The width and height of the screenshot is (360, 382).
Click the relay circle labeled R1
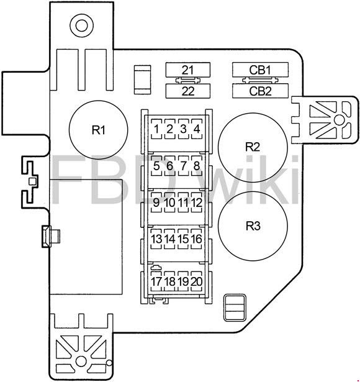pyautogui.click(x=98, y=130)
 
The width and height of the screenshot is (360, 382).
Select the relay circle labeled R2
pyautogui.click(x=253, y=147)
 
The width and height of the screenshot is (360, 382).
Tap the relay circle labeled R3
pyautogui.click(x=253, y=226)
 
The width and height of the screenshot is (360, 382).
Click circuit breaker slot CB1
pyautogui.click(x=260, y=70)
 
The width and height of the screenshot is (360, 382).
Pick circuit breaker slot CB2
pyautogui.click(x=260, y=91)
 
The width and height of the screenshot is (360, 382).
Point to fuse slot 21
pyautogui.click(x=187, y=70)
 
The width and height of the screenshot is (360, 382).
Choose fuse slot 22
pyautogui.click(x=187, y=91)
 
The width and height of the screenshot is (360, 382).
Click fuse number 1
pyautogui.click(x=156, y=129)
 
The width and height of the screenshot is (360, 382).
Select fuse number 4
pyautogui.click(x=197, y=129)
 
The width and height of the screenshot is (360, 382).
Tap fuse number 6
pyautogui.click(x=169, y=166)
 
